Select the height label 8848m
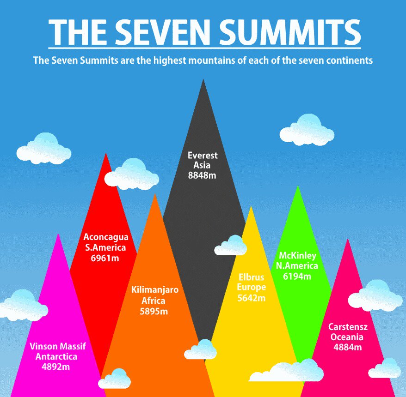click(x=203, y=175)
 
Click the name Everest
click(x=203, y=156)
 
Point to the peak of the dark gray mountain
click(x=203, y=81)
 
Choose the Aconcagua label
click(x=105, y=237)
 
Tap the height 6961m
click(x=105, y=258)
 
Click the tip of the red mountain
click(x=106, y=154)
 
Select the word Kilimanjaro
click(x=155, y=290)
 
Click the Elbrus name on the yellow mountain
click(x=251, y=277)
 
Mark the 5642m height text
click(x=251, y=298)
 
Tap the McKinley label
click(x=297, y=256)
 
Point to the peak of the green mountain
click(x=298, y=187)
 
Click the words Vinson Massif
click(x=58, y=347)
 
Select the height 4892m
click(x=58, y=367)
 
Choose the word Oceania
click(x=347, y=337)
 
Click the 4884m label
click(x=347, y=347)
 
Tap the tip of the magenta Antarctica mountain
click(x=58, y=235)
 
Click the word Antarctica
click(x=57, y=357)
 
